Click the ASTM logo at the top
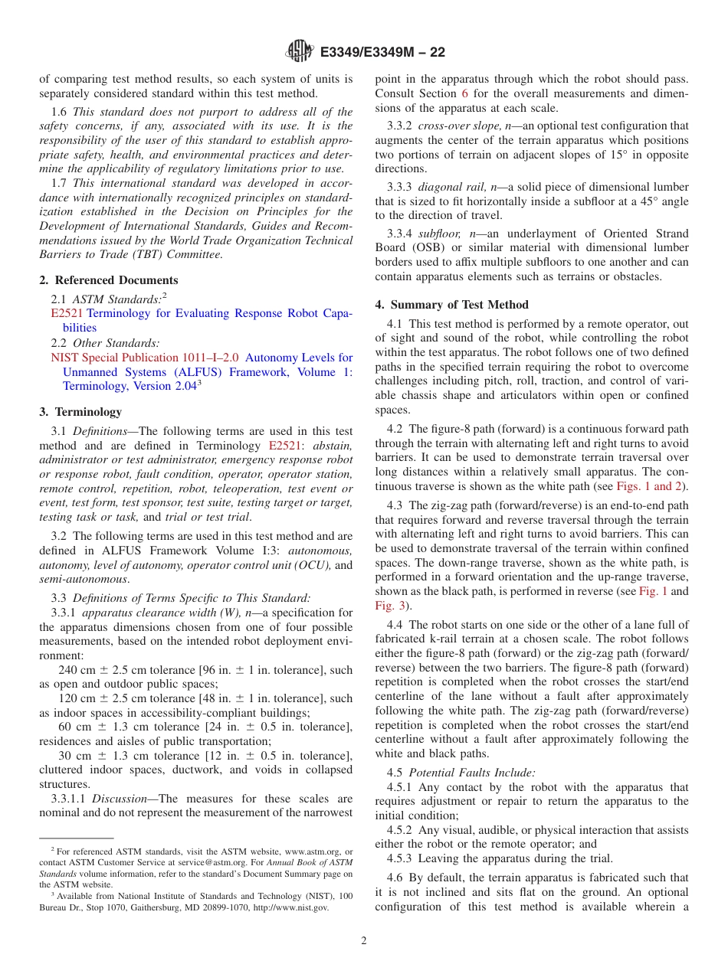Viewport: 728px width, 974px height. click(299, 51)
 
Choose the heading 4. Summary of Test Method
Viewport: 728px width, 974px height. click(451, 305)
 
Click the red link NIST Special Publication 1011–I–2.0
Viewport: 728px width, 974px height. click(145, 358)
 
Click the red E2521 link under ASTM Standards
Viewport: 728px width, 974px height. click(67, 314)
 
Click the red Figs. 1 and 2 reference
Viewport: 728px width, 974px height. click(651, 486)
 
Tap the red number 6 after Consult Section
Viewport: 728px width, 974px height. click(464, 94)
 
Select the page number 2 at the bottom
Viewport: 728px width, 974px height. click(364, 941)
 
